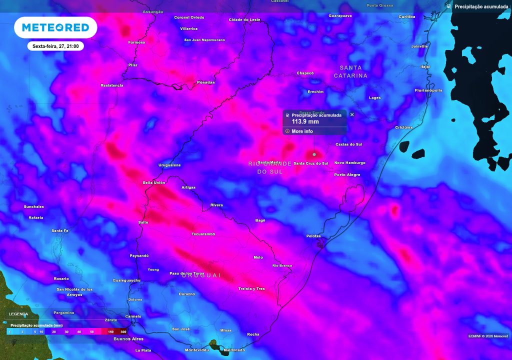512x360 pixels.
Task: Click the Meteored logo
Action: tap(55, 27)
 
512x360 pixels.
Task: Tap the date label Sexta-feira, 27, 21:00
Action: tap(55, 46)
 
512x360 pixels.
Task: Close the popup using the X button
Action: tap(352, 114)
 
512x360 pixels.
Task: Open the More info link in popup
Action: tap(302, 131)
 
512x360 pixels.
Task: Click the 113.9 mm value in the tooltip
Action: tap(305, 121)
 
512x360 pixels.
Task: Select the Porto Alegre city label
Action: tap(347, 174)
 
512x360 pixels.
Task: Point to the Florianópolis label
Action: tap(428, 90)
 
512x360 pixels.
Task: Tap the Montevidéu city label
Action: tap(196, 350)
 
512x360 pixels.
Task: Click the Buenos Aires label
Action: tap(128, 339)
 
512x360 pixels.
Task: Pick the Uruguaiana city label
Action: tap(169, 165)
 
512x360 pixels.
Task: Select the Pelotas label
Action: tap(313, 236)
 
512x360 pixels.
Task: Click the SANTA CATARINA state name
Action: tap(350, 71)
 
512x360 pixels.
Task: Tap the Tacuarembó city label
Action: tap(203, 234)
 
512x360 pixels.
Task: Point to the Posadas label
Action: tap(206, 82)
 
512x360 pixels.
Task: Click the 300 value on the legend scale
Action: tap(123, 331)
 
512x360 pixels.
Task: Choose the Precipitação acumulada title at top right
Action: tap(481, 6)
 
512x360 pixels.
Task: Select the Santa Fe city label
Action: tap(59, 230)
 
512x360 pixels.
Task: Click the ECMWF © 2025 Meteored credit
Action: tap(488, 335)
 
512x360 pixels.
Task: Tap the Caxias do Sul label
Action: tap(348, 144)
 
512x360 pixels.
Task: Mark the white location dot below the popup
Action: tap(314, 154)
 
